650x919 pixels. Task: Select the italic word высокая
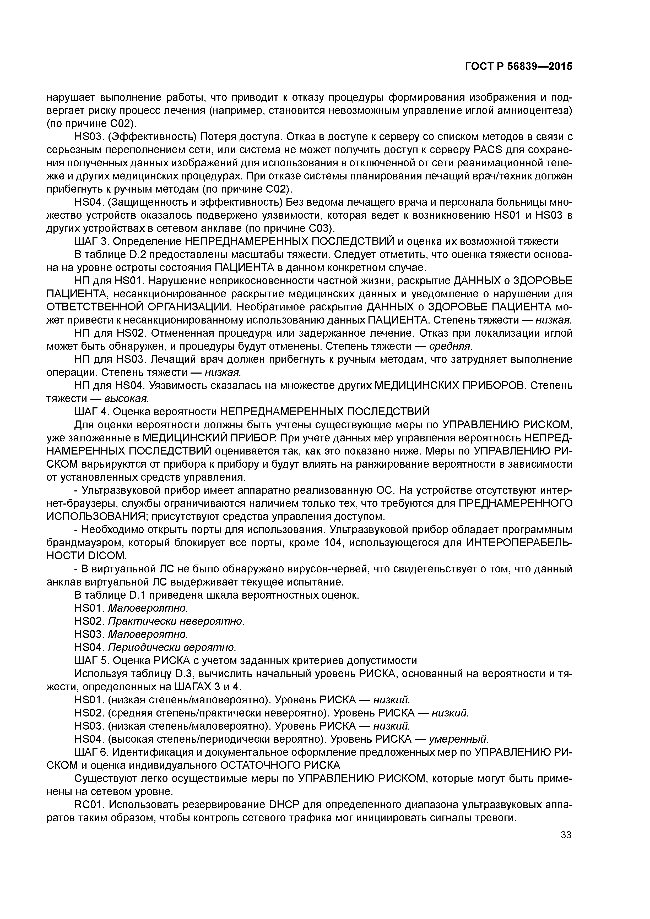click(x=127, y=399)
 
